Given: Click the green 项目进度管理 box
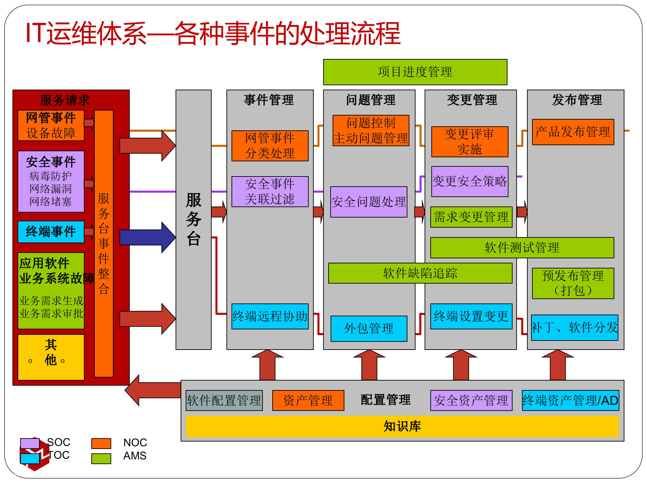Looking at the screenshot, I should coord(415,72).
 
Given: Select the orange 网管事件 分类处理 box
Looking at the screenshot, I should coord(270,146).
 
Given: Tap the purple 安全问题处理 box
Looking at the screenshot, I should coord(369,202).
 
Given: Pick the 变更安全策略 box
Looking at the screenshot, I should coord(470,182).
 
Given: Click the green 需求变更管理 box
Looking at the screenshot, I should coord(471,217).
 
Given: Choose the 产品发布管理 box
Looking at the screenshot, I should coord(573,132).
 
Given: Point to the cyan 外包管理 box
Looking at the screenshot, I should coord(369,328).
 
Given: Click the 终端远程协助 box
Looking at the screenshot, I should coord(270,316).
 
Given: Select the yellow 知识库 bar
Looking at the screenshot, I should coord(402,426).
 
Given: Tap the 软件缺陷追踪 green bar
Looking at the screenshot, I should coord(420,273).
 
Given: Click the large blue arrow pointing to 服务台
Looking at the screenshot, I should coord(147,237).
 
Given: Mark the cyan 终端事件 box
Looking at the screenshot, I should coord(51,232).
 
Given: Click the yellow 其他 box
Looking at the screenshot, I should coord(51,357).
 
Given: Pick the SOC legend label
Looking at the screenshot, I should coord(59,442).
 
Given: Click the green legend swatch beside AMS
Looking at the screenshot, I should coord(101,458).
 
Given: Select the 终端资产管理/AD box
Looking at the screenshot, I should coord(570,400).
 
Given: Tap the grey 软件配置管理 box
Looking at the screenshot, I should coord(224,400).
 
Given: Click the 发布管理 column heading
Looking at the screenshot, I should coord(577,100).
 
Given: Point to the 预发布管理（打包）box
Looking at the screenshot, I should coord(573,283).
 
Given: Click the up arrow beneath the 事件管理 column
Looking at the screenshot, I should coord(268,365).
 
